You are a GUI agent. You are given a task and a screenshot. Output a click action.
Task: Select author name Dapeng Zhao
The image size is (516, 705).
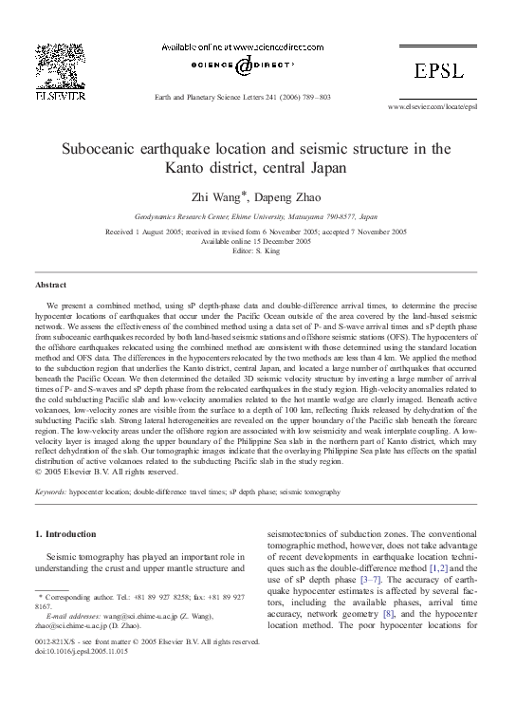[280, 197]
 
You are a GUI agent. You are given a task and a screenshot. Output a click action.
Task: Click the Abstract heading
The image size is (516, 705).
[50, 285]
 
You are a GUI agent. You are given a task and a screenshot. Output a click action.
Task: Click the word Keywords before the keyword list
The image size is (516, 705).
[54, 493]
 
